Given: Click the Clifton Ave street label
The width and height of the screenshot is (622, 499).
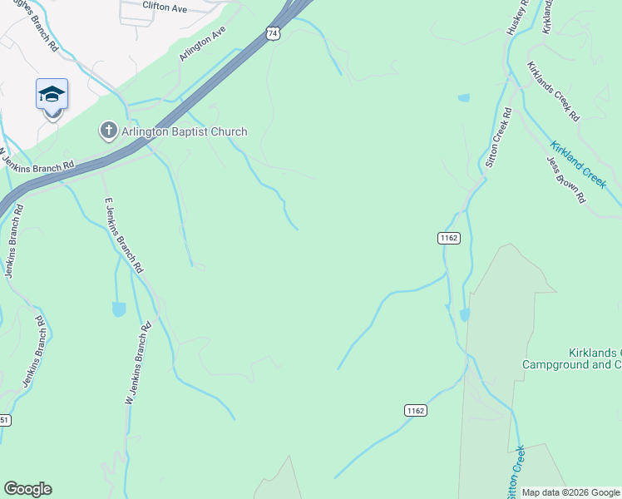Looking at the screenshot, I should pos(165,7).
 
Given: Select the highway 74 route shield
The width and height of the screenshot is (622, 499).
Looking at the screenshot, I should pos(273,33).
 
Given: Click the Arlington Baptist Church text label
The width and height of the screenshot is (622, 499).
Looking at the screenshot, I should pos(184,131).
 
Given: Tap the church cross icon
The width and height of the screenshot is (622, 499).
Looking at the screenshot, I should pos(107,131).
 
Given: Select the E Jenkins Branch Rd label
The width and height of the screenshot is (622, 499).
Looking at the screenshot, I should pos(123,236).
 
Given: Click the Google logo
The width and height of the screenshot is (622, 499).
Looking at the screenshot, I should pos(27,489).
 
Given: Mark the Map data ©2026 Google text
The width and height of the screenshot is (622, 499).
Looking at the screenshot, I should pos(570,492).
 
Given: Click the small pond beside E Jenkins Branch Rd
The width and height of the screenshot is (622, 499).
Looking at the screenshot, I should pos(119,309).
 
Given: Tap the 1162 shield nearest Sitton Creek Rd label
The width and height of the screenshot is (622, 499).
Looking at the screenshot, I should pos(448,238).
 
